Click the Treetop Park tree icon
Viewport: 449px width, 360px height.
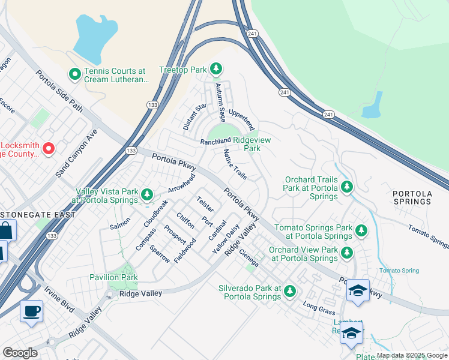tap(216, 70)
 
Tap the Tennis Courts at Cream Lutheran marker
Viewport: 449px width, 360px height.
tap(75, 74)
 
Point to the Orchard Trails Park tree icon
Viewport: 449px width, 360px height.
tap(346, 188)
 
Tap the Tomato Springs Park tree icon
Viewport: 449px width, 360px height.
tap(361, 230)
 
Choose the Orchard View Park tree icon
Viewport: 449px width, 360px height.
tap(346, 254)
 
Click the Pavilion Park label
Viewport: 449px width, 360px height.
tap(113, 278)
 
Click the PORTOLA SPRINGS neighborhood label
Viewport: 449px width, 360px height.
tap(412, 197)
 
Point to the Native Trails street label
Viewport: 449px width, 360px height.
tap(235, 164)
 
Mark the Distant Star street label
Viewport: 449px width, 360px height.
tap(194, 116)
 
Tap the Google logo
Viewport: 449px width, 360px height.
tap(20, 353)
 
